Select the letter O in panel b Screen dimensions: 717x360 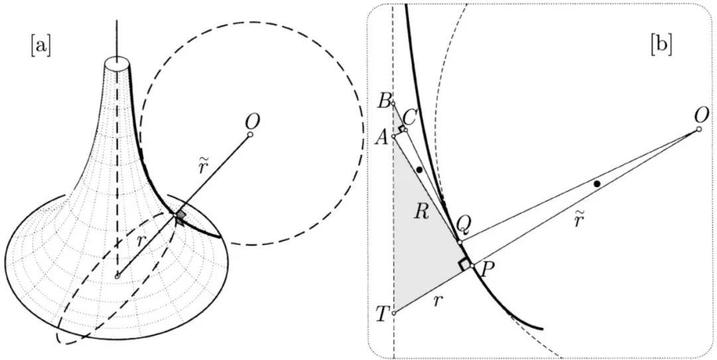701,116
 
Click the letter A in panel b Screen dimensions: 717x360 382,135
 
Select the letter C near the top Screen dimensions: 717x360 409,118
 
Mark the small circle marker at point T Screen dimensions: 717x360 394,313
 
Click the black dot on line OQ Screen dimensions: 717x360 597,183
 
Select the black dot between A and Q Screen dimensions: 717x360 420,170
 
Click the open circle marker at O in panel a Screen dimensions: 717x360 250,135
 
